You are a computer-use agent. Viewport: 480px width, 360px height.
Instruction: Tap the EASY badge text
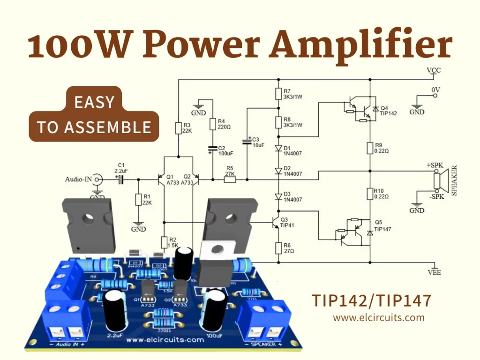pos(94,102)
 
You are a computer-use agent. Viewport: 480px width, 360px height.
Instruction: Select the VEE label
pos(434,272)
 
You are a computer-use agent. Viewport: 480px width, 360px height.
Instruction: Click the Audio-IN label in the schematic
pos(78,179)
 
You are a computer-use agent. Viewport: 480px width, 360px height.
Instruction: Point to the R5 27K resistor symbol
pos(230,179)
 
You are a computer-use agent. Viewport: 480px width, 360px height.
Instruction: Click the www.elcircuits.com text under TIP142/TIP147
pos(379,318)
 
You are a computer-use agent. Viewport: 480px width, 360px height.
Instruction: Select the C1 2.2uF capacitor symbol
pos(121,179)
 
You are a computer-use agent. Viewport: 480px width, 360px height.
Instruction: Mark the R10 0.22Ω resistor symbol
pos(370,194)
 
